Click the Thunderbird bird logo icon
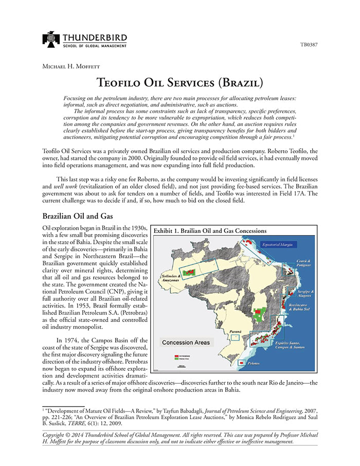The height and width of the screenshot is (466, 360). (51, 40)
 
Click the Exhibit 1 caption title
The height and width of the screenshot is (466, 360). (210, 230)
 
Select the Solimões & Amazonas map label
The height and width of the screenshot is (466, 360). (170, 278)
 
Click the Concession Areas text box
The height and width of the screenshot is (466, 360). (185, 342)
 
